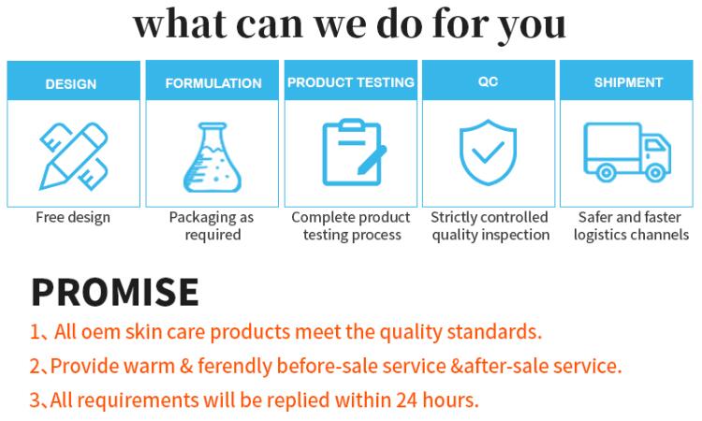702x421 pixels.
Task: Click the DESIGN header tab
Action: point(71,83)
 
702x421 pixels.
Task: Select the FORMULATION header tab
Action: point(213,83)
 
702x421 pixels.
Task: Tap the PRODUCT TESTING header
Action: point(351,82)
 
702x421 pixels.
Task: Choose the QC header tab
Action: point(488,82)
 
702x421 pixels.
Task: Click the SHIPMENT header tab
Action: point(628,83)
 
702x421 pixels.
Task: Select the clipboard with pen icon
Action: point(352,152)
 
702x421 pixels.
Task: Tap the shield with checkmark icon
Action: point(488,152)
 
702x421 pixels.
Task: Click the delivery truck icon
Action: point(626,151)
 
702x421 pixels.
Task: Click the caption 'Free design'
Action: point(73,217)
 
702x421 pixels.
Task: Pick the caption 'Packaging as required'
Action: point(212,225)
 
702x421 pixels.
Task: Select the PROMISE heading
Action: point(114,292)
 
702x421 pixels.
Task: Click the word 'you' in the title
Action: point(533,22)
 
